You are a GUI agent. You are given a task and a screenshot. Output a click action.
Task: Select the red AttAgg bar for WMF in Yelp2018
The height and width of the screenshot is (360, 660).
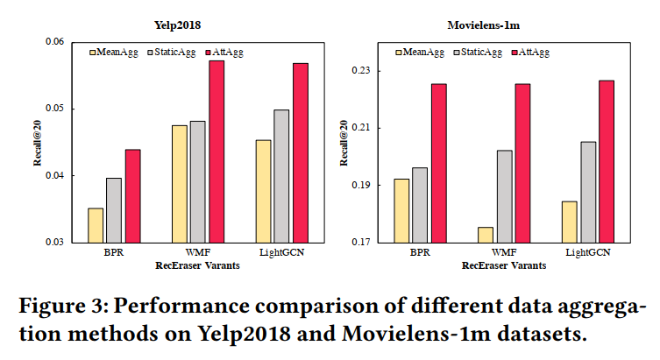[216, 151]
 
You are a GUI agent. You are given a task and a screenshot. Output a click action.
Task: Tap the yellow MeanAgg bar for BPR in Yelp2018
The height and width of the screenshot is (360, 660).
[96, 224]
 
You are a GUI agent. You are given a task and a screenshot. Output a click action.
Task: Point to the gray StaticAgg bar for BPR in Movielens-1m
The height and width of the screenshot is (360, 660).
[421, 204]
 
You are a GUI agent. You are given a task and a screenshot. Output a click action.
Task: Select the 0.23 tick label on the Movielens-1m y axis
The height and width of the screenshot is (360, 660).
[373, 70]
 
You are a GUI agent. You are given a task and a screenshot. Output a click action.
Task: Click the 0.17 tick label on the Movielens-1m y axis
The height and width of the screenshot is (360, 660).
[373, 242]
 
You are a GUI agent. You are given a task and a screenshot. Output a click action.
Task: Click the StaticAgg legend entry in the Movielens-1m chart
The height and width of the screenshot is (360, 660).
[481, 53]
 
